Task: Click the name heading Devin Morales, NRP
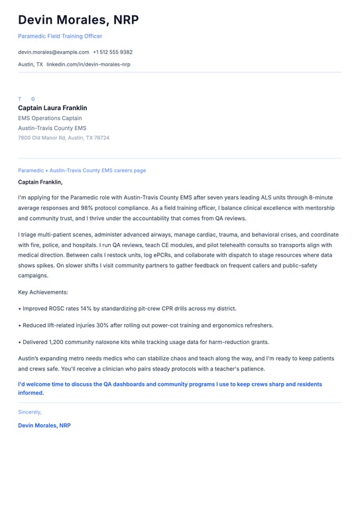coord(78,20)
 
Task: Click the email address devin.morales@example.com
coord(53,52)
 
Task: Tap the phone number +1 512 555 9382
coord(113,52)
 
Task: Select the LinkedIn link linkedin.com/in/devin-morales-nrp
coord(88,64)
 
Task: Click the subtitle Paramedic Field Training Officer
coord(60,36)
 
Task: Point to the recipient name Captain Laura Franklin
coord(52,108)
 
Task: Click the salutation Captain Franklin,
coord(40,182)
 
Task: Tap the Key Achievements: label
coord(43,292)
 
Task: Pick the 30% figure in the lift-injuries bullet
coord(104,325)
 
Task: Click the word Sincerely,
coord(30,412)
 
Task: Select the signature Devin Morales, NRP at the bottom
coord(44,425)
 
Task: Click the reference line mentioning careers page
coord(82,170)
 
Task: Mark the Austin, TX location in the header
coord(30,64)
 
